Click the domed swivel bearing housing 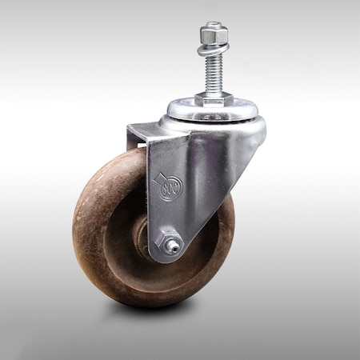click(x=216, y=128)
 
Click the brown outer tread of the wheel click(x=88, y=240)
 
